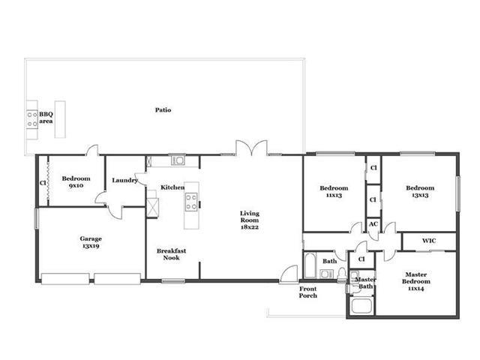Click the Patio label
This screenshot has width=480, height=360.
coord(163,110)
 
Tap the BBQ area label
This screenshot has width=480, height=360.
coord(46,118)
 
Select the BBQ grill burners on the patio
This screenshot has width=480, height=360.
coord(31,119)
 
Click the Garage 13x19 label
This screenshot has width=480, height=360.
coord(91,242)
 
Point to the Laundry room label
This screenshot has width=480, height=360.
coord(124,180)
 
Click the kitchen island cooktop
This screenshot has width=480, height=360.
coord(191,202)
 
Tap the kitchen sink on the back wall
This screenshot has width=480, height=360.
coord(178,160)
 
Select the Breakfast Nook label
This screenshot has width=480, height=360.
coord(171,254)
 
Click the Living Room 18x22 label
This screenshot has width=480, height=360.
coord(250,220)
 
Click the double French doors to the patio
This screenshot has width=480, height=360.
coord(251,148)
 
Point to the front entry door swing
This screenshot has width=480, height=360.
coord(289,273)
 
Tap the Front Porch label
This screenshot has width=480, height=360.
coord(308,292)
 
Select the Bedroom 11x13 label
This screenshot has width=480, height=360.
coord(334,191)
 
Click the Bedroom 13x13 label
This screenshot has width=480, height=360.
coord(420,191)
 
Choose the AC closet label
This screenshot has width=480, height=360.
coord(373,224)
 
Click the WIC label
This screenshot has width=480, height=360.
coord(429,241)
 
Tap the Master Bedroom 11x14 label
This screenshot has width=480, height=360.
coord(416,281)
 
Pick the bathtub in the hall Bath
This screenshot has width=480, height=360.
coord(310,265)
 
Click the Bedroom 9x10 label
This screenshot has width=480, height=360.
coord(76,181)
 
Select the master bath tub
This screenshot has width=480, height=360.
coord(361,306)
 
